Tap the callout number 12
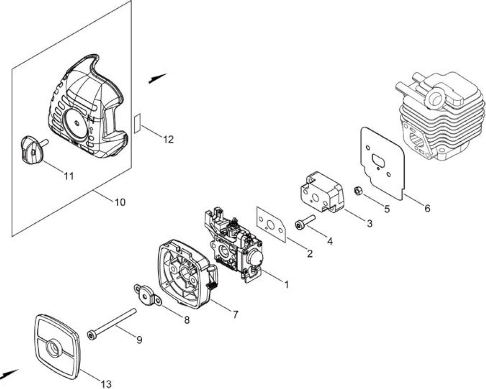pyautogui.click(x=168, y=139)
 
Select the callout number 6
pyautogui.click(x=427, y=208)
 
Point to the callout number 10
pyautogui.click(x=120, y=202)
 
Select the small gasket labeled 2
pyautogui.click(x=271, y=226)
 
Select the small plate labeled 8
pyautogui.click(x=148, y=295)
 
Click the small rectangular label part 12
pyautogui.click(x=137, y=123)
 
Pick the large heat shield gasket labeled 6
pyautogui.click(x=382, y=164)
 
